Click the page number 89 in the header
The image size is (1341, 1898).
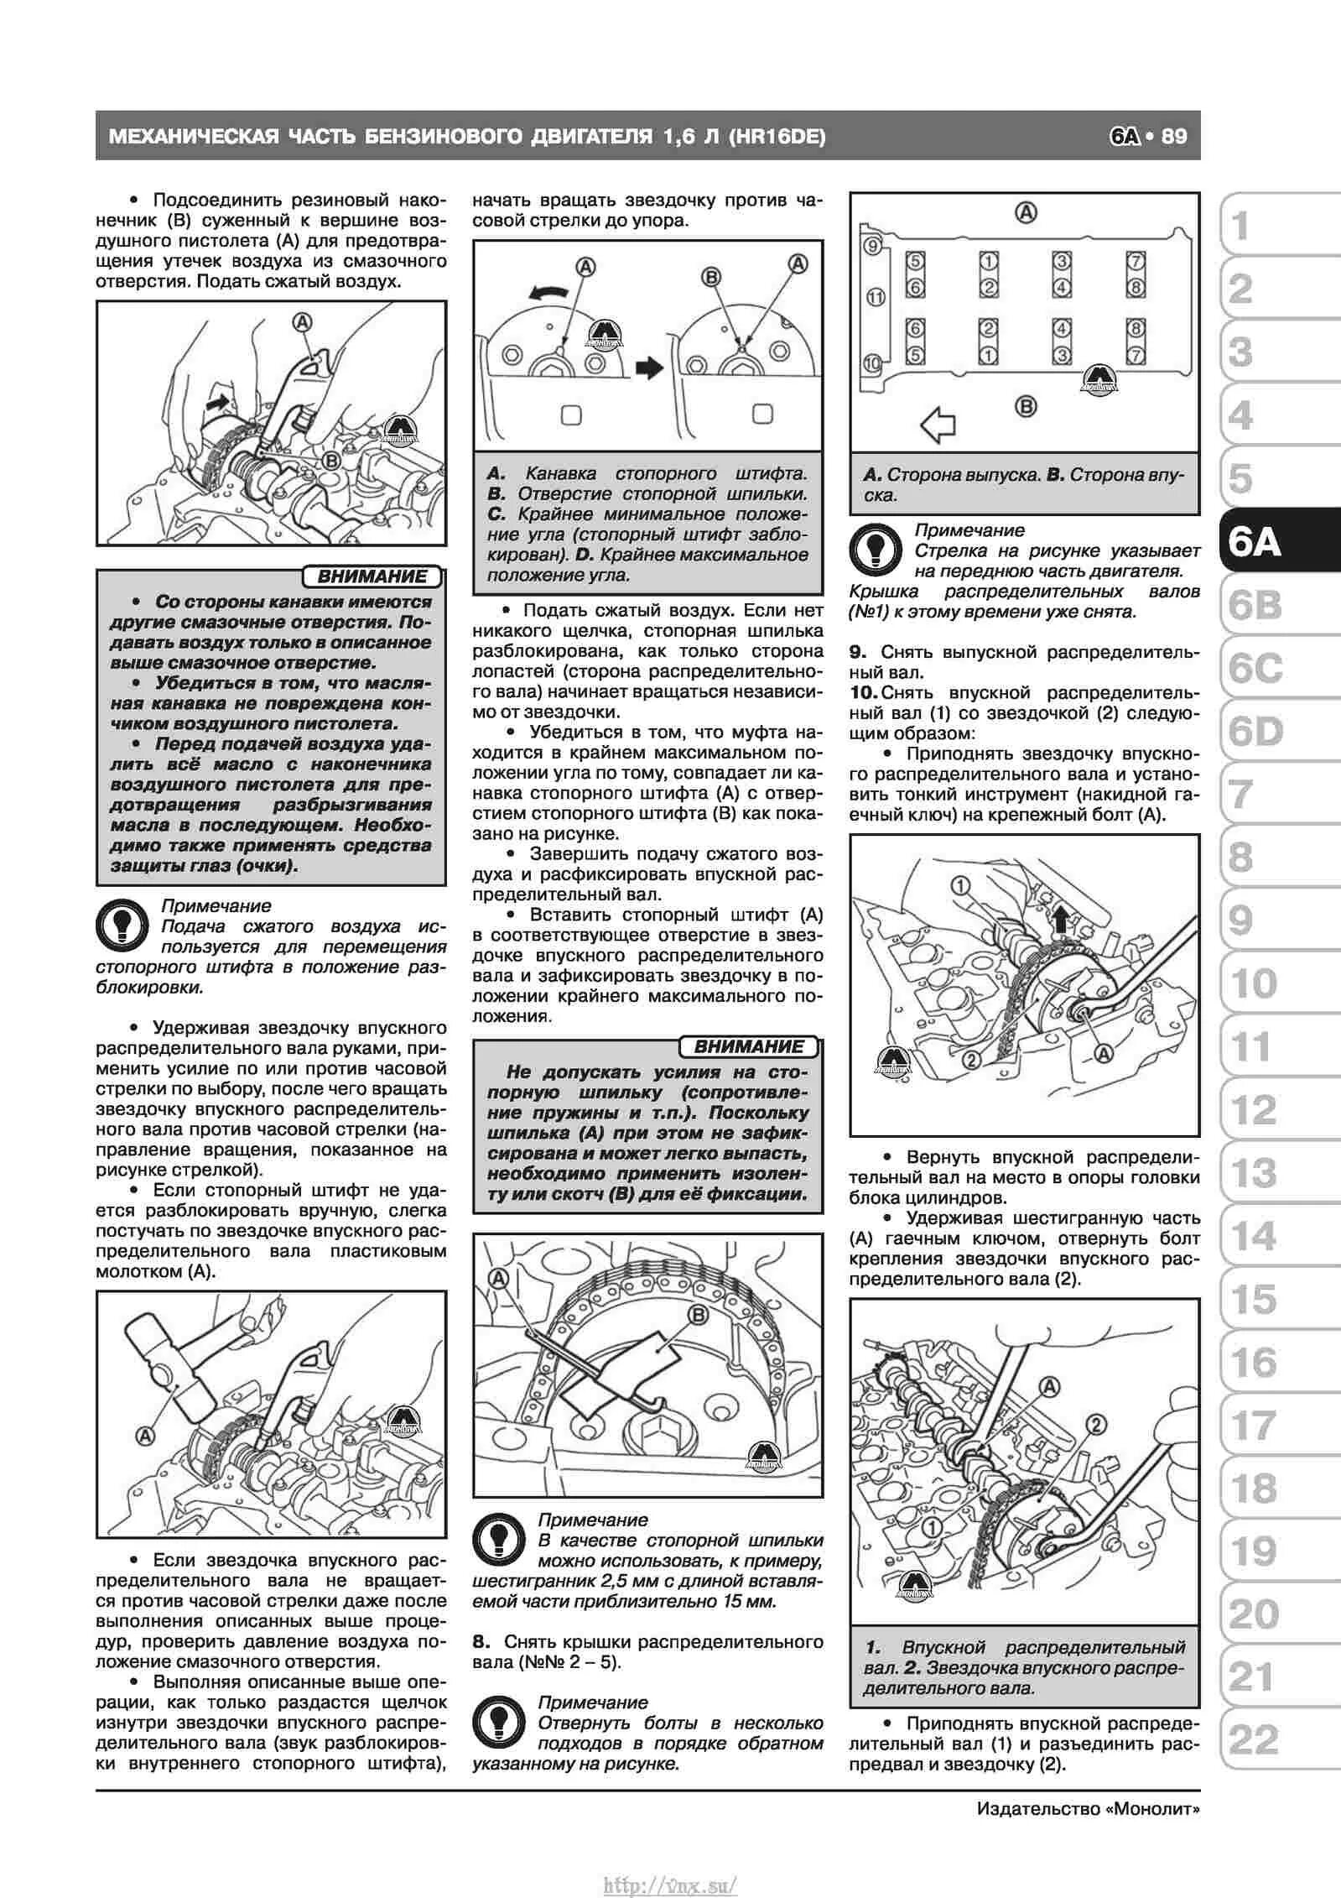[1174, 136]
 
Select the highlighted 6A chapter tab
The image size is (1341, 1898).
[1255, 543]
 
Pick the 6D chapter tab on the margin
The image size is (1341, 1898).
[1255, 732]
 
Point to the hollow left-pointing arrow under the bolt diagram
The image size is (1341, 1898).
[938, 425]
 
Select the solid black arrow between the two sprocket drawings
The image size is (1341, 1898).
[649, 368]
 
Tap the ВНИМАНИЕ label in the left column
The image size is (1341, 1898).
[372, 576]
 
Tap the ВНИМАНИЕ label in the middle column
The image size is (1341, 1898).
[749, 1046]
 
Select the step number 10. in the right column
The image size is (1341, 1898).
[862, 693]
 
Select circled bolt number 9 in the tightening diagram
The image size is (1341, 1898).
[872, 247]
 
